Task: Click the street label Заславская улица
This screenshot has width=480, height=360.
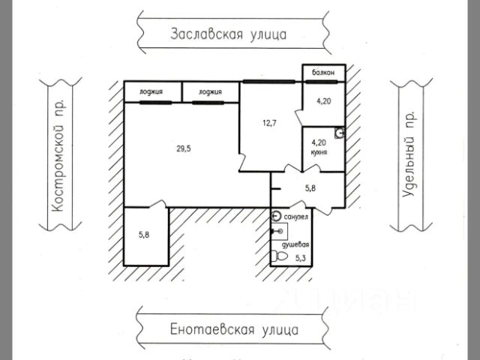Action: [229, 34]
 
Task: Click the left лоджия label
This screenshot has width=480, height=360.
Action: [151, 92]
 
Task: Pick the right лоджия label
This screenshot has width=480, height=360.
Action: [210, 92]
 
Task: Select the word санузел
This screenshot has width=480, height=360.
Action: [295, 217]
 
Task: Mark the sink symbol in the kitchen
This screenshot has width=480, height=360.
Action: [340, 133]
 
